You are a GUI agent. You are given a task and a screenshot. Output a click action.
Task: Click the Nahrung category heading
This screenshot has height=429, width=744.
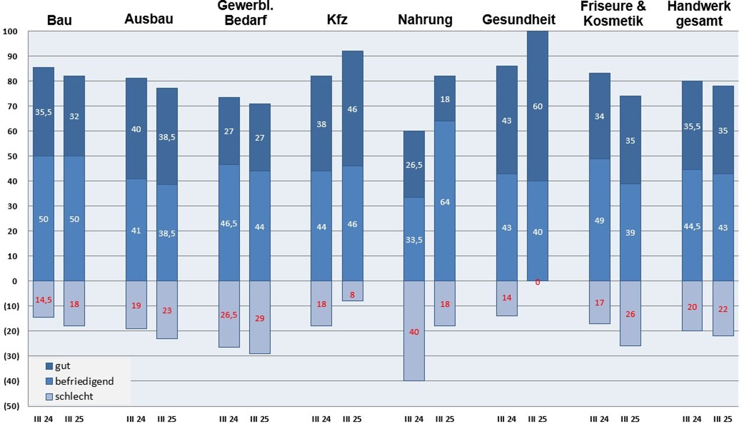pos(425,20)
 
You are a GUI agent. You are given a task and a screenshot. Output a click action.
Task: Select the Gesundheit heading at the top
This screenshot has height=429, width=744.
pos(518,20)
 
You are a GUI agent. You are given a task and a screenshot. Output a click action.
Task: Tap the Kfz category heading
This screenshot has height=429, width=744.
pos(337,20)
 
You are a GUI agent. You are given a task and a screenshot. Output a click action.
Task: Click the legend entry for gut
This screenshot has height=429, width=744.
pos(62,366)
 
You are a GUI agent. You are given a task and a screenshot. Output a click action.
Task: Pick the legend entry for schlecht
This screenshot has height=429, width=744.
pos(73,396)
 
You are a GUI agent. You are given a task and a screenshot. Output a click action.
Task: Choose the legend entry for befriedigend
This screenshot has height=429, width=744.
pos(84,381)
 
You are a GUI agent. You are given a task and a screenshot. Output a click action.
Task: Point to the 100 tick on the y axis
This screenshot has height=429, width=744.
pos(10,31)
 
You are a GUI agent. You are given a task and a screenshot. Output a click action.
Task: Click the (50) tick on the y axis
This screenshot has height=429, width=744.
pos(11,406)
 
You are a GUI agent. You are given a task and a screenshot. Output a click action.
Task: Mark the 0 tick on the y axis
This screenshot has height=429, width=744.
pos(14,281)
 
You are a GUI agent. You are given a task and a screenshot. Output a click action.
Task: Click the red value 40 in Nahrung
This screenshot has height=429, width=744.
pos(414,332)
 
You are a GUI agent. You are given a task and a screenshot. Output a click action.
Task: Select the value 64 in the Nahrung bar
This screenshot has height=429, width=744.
pos(444,202)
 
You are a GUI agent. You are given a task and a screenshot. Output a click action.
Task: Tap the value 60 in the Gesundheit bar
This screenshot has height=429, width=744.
pos(537,107)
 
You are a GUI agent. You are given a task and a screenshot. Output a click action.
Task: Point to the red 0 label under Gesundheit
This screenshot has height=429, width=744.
pos(537,282)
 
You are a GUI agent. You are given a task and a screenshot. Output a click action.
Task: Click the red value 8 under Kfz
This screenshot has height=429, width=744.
pos(352,295)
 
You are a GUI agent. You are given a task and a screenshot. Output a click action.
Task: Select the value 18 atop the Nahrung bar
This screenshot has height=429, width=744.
pos(444,99)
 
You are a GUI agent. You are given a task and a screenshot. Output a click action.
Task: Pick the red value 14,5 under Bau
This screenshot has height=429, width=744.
pos(43,300)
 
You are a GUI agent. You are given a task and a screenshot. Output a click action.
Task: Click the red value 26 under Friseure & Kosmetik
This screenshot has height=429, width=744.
pos(630,314)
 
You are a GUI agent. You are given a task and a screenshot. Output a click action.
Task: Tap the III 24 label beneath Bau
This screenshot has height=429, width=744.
pos(43,419)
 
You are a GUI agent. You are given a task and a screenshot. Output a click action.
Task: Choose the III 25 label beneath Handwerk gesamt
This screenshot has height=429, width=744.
pos(722,419)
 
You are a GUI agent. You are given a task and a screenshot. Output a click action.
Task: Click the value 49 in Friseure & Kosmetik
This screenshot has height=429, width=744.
pos(599,221)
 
